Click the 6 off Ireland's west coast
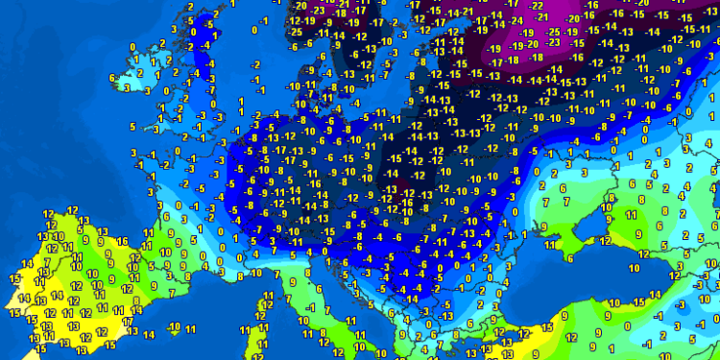pos(112,77)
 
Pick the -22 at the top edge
pos(537,6)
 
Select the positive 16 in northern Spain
pos(122,241)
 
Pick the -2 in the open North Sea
pos(255,64)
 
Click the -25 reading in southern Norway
pos(296,32)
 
